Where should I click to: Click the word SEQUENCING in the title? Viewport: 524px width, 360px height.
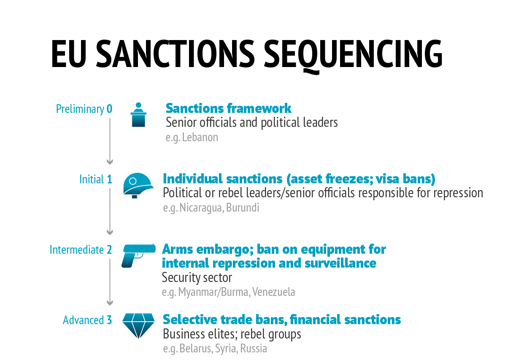click(x=353, y=55)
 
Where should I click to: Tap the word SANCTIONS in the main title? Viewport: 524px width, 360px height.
click(x=175, y=54)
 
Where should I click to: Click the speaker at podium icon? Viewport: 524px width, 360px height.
click(x=138, y=115)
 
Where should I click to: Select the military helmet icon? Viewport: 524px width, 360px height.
click(x=138, y=185)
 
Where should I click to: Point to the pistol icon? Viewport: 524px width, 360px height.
click(x=138, y=255)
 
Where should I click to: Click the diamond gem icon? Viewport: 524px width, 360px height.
click(x=138, y=326)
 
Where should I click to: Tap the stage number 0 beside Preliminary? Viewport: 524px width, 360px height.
click(x=109, y=109)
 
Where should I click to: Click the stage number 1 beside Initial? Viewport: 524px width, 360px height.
click(x=109, y=180)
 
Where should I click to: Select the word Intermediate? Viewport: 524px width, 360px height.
click(x=77, y=250)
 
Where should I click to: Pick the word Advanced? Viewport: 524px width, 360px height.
click(x=83, y=320)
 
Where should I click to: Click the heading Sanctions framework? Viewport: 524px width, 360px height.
click(x=228, y=108)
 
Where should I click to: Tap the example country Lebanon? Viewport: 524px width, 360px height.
click(x=200, y=137)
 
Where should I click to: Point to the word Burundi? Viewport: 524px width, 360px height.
click(x=243, y=207)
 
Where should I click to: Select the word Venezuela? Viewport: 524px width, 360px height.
click(x=273, y=292)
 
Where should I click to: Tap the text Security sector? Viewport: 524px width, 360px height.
click(x=197, y=278)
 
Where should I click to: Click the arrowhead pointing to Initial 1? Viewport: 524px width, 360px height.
click(x=110, y=161)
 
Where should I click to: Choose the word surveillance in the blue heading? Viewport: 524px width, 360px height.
click(x=340, y=263)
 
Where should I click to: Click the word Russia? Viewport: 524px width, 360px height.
click(x=254, y=348)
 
